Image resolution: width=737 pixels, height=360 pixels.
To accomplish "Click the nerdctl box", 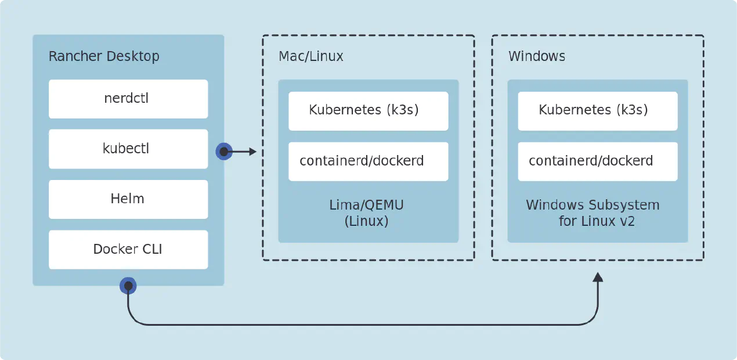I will (x=128, y=99).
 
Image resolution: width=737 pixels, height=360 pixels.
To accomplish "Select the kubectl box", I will (x=128, y=149).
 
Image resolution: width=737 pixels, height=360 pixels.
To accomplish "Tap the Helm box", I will (x=128, y=199).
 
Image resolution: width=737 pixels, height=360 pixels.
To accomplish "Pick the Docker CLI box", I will (x=128, y=250).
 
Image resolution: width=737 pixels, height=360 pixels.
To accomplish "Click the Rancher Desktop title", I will (x=104, y=56).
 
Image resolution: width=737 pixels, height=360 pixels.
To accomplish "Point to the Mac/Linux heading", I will (x=311, y=56).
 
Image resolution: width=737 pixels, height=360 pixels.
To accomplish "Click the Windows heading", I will (x=537, y=56).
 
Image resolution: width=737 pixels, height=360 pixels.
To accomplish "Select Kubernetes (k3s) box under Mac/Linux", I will (x=368, y=110).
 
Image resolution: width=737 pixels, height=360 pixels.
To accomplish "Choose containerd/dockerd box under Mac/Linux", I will (x=368, y=161).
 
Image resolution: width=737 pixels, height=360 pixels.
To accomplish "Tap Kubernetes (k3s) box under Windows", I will (x=597, y=110).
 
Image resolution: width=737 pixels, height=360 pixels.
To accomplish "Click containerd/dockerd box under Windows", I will (x=597, y=161).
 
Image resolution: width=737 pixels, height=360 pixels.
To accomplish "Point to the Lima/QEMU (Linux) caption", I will (x=366, y=213).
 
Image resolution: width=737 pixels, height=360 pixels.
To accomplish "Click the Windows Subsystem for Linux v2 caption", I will (x=593, y=213).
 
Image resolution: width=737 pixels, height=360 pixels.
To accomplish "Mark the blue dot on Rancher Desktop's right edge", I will (x=224, y=152).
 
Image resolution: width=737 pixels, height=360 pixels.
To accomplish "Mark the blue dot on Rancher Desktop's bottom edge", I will (x=128, y=286).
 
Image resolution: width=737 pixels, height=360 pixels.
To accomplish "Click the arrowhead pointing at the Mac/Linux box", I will (x=252, y=152).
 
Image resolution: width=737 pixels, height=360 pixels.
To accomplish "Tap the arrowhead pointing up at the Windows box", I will (x=598, y=277).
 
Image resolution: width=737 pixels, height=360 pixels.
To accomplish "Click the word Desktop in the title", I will (x=132, y=56).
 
